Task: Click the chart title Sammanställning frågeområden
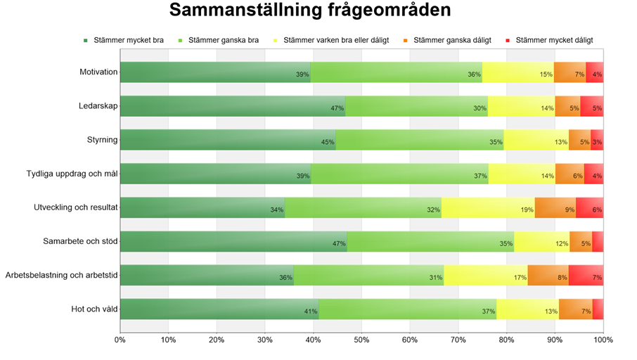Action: (310, 11)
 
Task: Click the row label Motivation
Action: (98, 72)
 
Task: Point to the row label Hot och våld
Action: (94, 309)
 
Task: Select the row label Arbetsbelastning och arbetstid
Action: (61, 276)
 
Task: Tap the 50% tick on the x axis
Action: (361, 340)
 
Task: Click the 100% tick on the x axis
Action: (603, 340)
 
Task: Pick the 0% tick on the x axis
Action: (120, 340)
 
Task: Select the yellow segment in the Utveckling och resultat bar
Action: (488, 207)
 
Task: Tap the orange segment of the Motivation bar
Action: (570, 72)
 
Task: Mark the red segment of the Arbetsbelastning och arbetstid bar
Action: (586, 275)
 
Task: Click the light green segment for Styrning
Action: (420, 140)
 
